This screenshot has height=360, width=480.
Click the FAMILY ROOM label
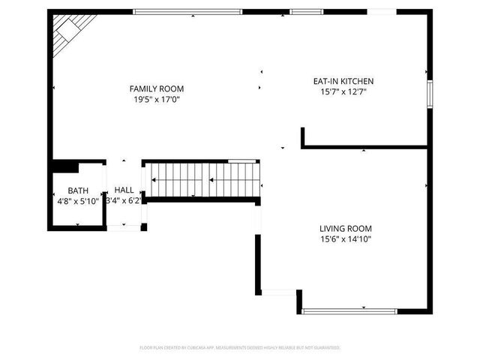156,88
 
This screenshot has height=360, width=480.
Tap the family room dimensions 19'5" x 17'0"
156,99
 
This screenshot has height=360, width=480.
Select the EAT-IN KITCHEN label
343,81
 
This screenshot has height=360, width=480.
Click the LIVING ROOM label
346,229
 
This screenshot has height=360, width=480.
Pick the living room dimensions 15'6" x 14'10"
346,239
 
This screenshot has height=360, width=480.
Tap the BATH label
78,190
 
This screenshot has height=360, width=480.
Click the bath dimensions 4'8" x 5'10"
78,201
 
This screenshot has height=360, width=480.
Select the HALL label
124,190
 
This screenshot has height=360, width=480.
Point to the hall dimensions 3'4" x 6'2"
124,201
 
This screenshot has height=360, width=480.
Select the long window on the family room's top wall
187,11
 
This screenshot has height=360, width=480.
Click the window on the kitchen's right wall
430,93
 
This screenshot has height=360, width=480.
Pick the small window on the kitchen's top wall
302,11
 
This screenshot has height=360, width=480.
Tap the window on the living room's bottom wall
349,310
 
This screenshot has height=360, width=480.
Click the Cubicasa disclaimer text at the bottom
240,347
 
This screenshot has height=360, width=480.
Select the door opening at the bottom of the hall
124,226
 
